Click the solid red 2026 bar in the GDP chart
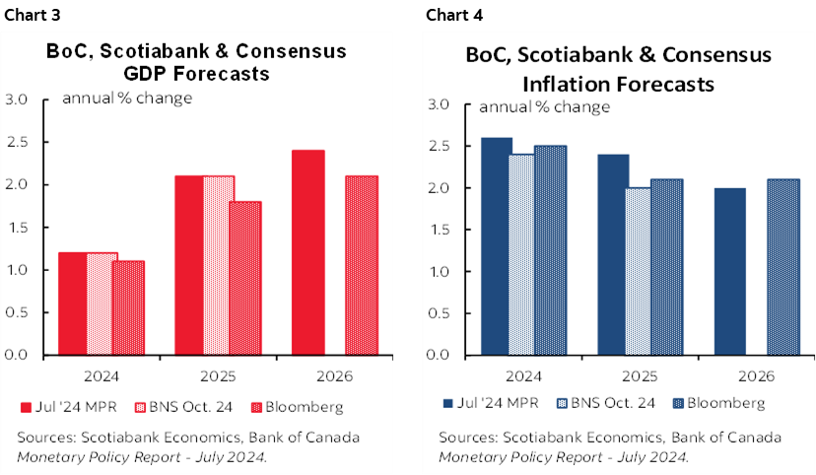tap(307, 252)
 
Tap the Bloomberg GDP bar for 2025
tap(244, 278)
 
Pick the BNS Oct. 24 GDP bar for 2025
tap(219, 265)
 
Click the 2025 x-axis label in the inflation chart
tap(639, 376)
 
